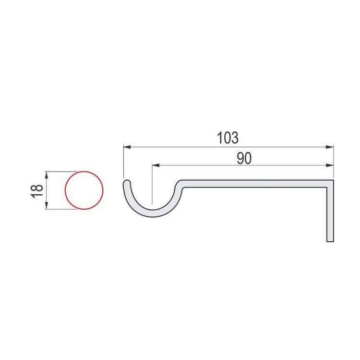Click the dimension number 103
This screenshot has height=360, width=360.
click(x=228, y=137)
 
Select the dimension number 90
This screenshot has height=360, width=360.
click(x=244, y=159)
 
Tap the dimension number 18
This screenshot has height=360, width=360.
click(x=37, y=191)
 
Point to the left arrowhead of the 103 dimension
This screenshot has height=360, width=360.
click(x=127, y=147)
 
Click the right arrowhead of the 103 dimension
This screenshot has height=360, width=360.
click(x=330, y=147)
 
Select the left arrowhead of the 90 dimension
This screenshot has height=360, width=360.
click(x=156, y=165)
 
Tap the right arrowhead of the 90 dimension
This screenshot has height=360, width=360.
click(x=330, y=165)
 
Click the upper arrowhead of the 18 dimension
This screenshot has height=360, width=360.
click(x=47, y=175)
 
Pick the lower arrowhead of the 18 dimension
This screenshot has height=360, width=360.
click(x=47, y=206)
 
